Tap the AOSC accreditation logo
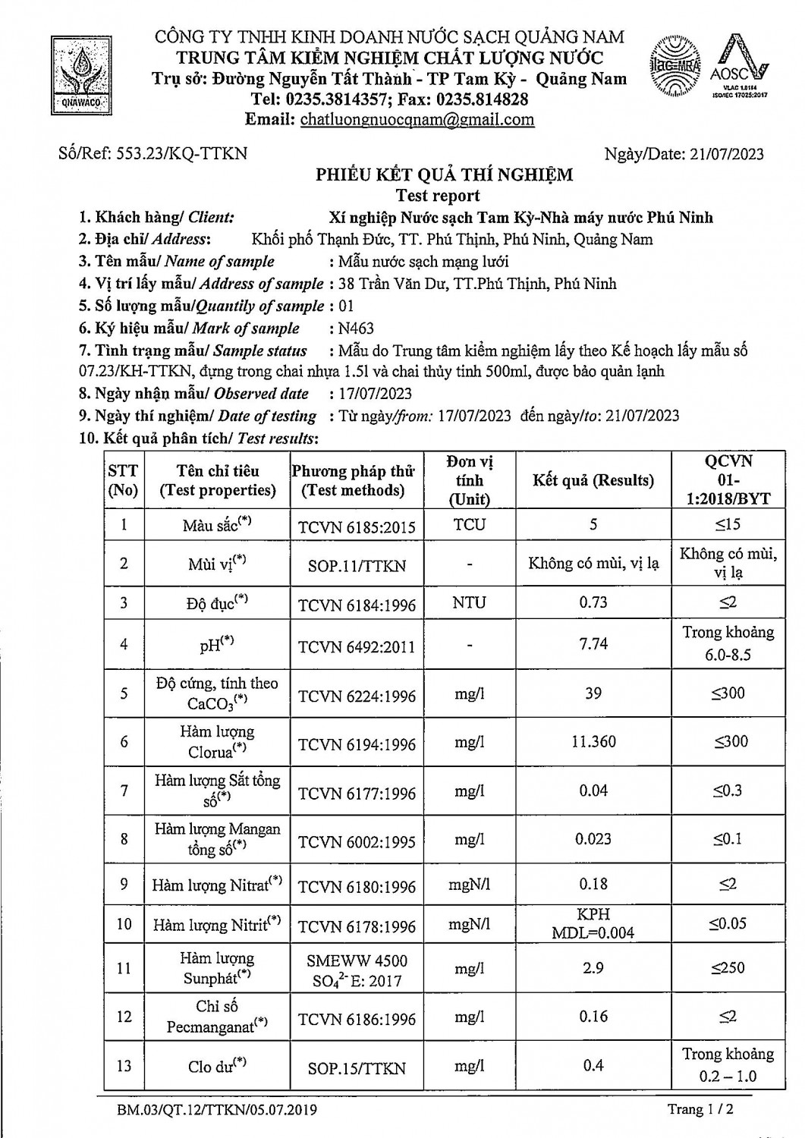point(739,66)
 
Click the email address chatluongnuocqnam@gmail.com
point(417,119)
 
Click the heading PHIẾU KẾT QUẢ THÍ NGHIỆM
point(445,175)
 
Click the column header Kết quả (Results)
point(593,480)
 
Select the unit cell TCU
point(469,524)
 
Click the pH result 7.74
point(593,643)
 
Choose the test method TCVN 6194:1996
point(357,745)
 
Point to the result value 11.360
point(593,741)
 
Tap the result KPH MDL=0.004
point(593,923)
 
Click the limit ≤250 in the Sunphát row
point(728,967)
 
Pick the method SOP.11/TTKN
point(357,565)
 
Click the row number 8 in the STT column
point(124,838)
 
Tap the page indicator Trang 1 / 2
point(700,1109)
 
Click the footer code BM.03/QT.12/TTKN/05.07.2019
point(217,1110)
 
